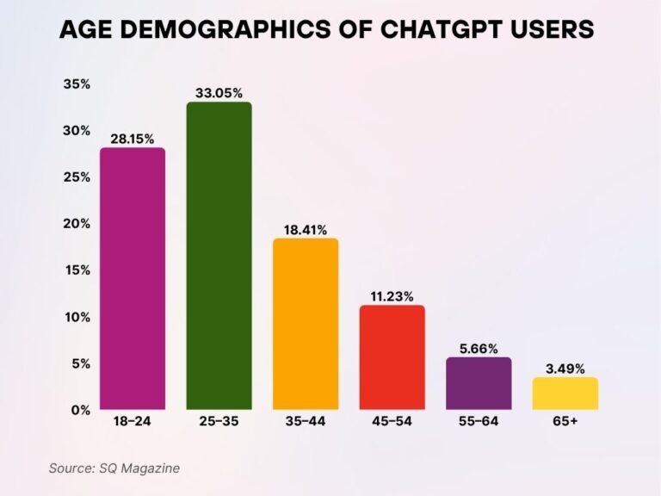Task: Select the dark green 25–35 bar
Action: tap(219, 256)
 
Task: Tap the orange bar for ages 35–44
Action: tap(306, 324)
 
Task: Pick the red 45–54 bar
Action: tap(392, 357)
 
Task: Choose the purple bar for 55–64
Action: tap(479, 383)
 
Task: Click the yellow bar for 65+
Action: tap(565, 393)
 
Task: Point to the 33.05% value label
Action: tap(219, 91)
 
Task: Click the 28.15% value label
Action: tap(133, 137)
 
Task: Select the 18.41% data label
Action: tap(306, 228)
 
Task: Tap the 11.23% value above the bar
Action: tap(392, 294)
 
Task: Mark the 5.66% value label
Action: tap(479, 347)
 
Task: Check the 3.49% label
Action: tap(565, 368)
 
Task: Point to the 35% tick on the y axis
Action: tap(77, 84)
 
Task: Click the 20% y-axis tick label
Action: tap(77, 224)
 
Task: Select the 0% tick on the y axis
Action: tap(81, 410)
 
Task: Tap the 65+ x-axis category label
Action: tap(565, 424)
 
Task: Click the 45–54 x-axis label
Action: tap(392, 424)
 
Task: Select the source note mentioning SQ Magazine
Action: tap(114, 468)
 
